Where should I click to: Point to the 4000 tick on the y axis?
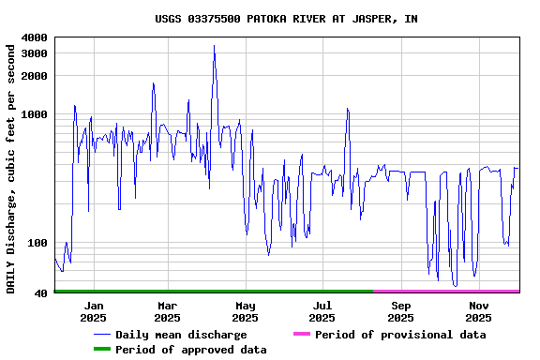click(x=34, y=37)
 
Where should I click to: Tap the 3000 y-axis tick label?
click(x=34, y=53)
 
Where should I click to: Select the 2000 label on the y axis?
click(x=34, y=76)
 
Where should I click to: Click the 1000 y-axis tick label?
click(x=34, y=114)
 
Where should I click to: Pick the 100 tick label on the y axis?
click(x=37, y=244)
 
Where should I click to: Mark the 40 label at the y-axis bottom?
click(x=40, y=294)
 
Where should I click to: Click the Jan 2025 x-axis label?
click(x=94, y=311)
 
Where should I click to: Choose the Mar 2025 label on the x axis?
click(x=167, y=311)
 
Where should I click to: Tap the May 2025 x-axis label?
click(x=245, y=311)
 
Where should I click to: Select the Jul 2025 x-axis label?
click(x=322, y=311)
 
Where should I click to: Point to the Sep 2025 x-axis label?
click(x=400, y=311)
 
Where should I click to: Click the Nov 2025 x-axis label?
click(x=478, y=311)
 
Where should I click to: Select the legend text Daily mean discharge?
click(x=181, y=335)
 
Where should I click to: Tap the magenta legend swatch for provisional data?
click(x=301, y=335)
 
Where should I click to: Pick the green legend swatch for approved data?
click(x=101, y=350)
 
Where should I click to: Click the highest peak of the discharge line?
click(x=214, y=45)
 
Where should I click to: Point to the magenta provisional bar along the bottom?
click(x=446, y=292)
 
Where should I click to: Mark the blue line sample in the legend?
click(x=101, y=335)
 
